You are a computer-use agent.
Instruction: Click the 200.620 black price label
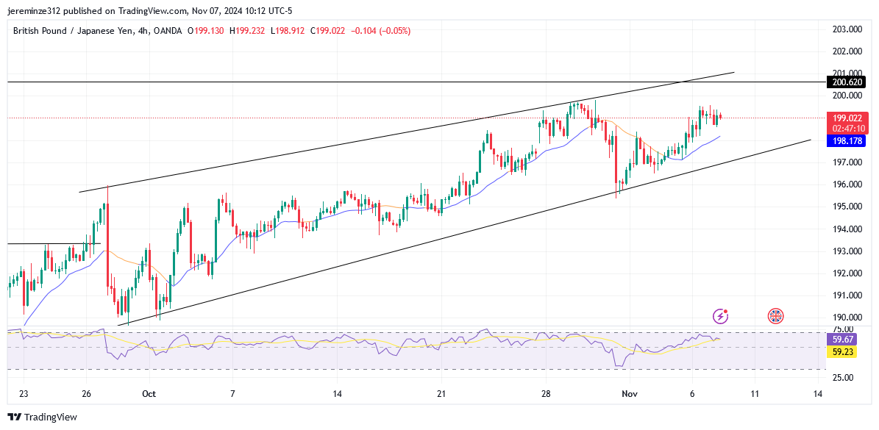(847, 82)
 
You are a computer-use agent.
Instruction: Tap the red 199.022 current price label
(847, 118)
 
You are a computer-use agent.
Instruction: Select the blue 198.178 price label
(847, 140)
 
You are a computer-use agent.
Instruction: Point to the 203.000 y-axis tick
(847, 29)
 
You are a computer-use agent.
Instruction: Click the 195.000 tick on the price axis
(847, 207)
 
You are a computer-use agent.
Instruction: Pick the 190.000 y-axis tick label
(847, 318)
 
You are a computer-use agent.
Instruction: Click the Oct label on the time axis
(149, 394)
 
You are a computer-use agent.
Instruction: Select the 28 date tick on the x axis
(546, 394)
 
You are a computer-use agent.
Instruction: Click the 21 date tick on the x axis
(441, 394)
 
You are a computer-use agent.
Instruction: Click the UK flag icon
(775, 316)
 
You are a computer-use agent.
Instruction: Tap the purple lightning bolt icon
(721, 316)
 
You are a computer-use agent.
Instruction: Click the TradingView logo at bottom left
(43, 417)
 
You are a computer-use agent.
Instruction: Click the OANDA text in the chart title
(167, 31)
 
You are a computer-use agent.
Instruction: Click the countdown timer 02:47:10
(847, 128)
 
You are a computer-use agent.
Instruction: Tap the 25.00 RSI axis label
(843, 377)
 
